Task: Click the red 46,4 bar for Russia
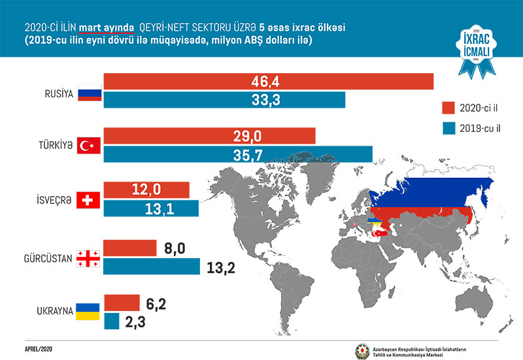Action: (x=268, y=81)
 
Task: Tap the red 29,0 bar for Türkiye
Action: (x=209, y=137)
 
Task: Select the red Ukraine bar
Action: (x=122, y=303)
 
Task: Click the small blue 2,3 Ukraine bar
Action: (x=110, y=321)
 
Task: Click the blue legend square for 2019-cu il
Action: (x=448, y=128)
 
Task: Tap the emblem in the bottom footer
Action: (x=362, y=350)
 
